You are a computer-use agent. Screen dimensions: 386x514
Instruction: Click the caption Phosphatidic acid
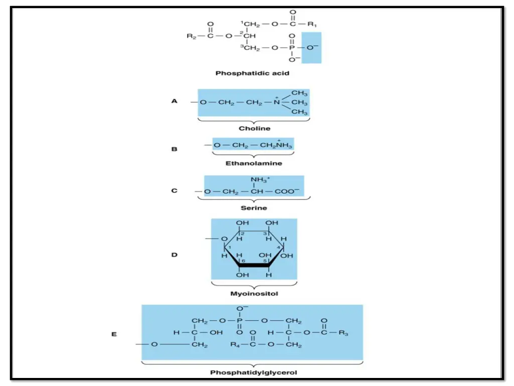point(252,73)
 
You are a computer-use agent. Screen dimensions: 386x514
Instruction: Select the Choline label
point(254,128)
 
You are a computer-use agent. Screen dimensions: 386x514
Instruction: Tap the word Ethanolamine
point(253,163)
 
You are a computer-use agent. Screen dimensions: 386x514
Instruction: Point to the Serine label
point(253,208)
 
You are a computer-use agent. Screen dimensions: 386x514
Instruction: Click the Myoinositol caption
point(254,294)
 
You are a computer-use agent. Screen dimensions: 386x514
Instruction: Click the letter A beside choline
point(174,101)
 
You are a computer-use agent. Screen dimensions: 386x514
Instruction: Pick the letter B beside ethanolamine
point(174,149)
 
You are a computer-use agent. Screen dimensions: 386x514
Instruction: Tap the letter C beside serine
point(174,191)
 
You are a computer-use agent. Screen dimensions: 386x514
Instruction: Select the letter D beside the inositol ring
point(174,255)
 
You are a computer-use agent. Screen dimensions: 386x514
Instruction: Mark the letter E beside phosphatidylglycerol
point(114,333)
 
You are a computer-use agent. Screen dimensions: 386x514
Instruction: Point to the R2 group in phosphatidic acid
point(191,36)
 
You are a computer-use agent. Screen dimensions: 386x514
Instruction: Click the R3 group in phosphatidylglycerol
point(343,333)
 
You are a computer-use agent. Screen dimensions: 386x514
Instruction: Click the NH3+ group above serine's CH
point(260,180)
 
